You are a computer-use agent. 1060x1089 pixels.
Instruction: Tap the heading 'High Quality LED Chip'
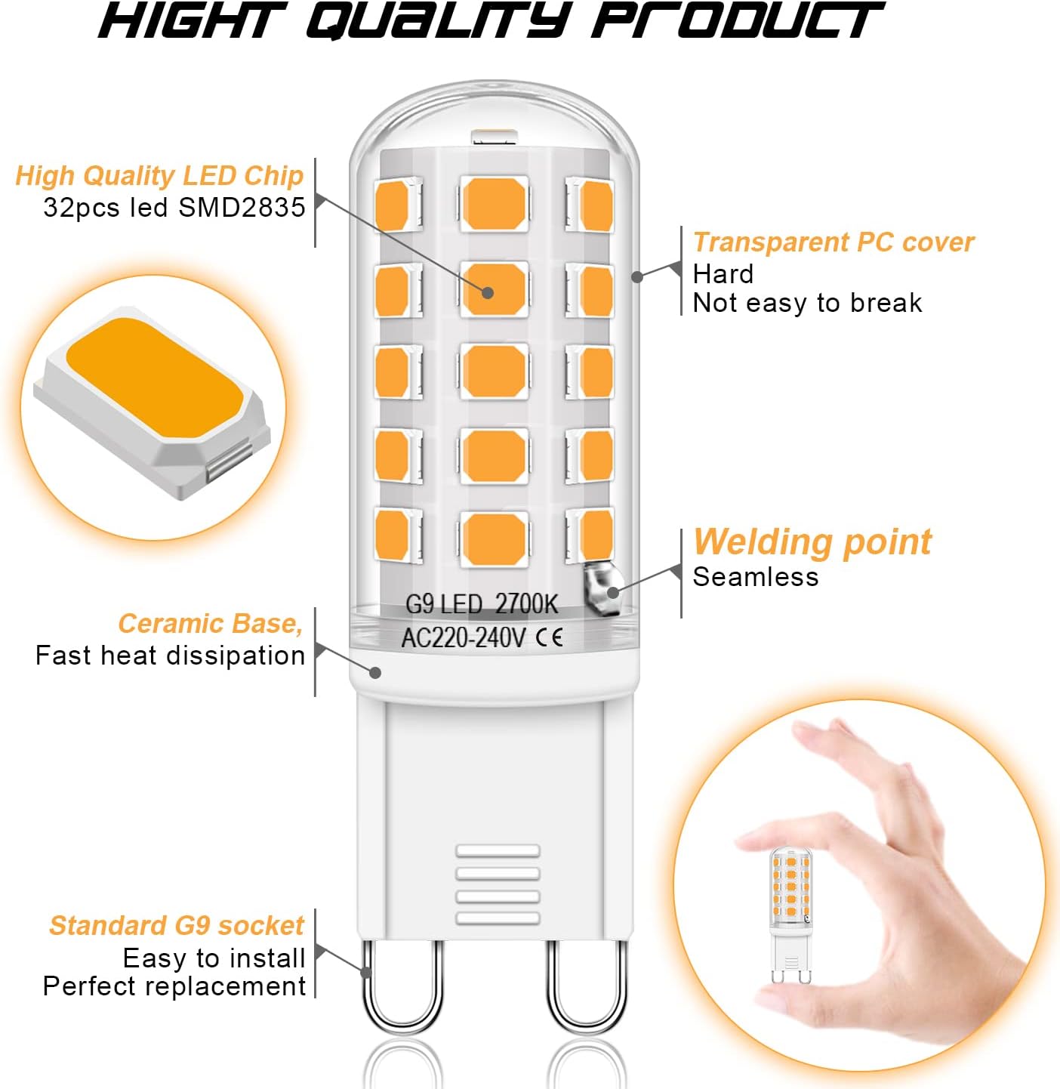159,176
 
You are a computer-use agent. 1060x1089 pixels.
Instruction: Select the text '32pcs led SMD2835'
174,208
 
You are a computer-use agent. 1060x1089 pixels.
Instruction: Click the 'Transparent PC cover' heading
834,242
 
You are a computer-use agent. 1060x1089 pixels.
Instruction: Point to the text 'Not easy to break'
807,303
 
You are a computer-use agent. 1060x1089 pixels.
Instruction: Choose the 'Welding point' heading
812,542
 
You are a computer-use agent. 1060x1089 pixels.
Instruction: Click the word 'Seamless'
756,577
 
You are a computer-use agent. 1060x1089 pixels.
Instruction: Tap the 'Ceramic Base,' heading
211,624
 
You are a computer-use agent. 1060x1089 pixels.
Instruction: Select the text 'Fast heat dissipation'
170,656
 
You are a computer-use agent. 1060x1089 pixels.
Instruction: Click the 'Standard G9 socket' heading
177,926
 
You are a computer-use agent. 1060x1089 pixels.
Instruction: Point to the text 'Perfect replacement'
174,986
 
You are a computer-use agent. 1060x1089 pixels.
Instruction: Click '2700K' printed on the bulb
526,604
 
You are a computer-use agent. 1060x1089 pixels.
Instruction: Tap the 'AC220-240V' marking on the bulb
463,638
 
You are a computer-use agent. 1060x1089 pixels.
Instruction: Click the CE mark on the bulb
549,638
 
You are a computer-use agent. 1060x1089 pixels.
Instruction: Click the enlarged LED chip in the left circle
153,401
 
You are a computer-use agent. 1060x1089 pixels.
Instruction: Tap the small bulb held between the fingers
790,915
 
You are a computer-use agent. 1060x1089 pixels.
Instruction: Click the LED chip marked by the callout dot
495,289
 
